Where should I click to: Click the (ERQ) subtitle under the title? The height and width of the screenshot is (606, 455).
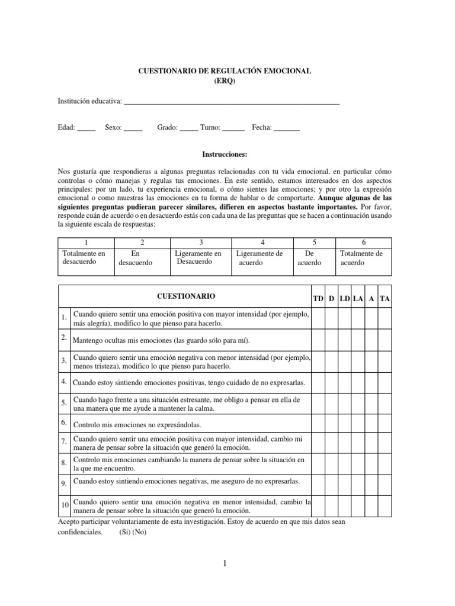click(225, 82)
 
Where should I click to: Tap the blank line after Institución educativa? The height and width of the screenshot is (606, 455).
click(232, 102)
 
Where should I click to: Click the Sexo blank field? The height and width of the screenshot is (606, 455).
click(133, 128)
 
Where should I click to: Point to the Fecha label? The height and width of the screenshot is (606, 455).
click(262, 127)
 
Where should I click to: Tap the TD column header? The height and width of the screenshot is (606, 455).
click(318, 299)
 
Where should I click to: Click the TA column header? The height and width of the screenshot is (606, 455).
click(385, 299)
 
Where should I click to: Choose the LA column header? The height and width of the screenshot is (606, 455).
click(358, 299)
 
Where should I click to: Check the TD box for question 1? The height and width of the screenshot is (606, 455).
click(318, 319)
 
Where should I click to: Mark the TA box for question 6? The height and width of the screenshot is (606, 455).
click(385, 423)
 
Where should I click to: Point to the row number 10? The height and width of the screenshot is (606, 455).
click(65, 504)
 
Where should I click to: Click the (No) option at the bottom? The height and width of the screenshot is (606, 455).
click(139, 531)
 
